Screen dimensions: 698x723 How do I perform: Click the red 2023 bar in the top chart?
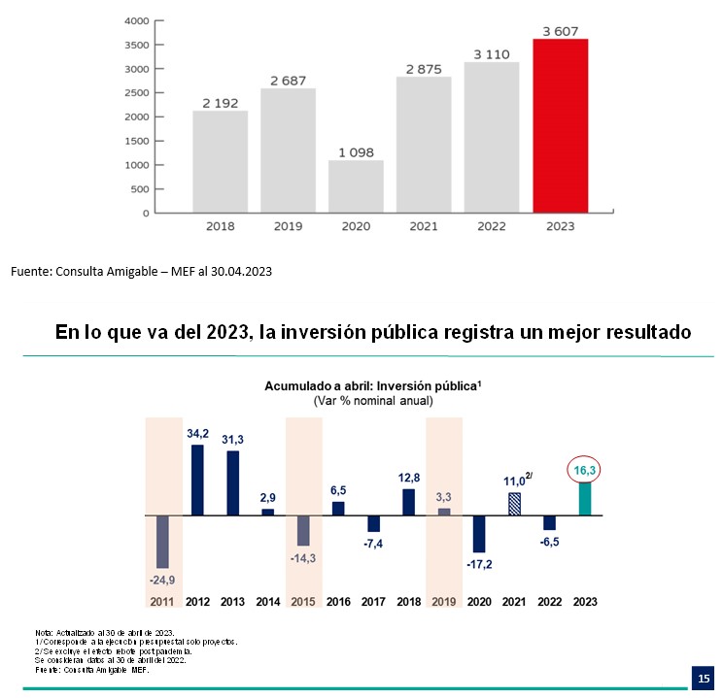tap(561, 125)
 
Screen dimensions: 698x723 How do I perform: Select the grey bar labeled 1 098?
tap(356, 186)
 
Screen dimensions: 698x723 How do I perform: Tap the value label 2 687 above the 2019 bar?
tap(288, 80)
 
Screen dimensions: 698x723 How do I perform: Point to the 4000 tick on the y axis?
tap(137, 20)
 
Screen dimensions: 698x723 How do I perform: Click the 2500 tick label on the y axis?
tap(137, 93)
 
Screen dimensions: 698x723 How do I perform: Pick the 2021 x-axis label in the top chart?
tap(424, 226)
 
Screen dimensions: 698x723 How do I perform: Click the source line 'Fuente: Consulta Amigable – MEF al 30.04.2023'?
tap(141, 272)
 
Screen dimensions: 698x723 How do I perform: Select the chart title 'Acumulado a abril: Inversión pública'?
tap(373, 385)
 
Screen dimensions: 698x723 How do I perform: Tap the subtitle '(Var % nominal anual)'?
tap(373, 400)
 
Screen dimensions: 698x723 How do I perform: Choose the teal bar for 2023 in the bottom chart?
tap(585, 499)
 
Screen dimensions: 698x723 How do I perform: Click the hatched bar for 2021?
tap(515, 504)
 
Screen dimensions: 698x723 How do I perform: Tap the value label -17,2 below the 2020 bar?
tap(479, 563)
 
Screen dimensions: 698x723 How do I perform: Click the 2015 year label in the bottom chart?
tap(303, 602)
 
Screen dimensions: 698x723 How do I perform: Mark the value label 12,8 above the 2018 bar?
tap(409, 477)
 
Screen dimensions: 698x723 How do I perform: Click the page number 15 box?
tap(703, 677)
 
